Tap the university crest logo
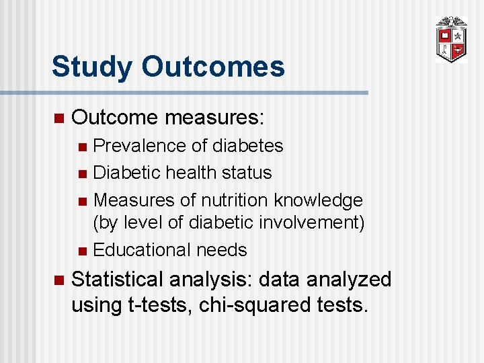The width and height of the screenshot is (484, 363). tap(450, 40)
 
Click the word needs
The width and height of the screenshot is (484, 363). tap(223, 250)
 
